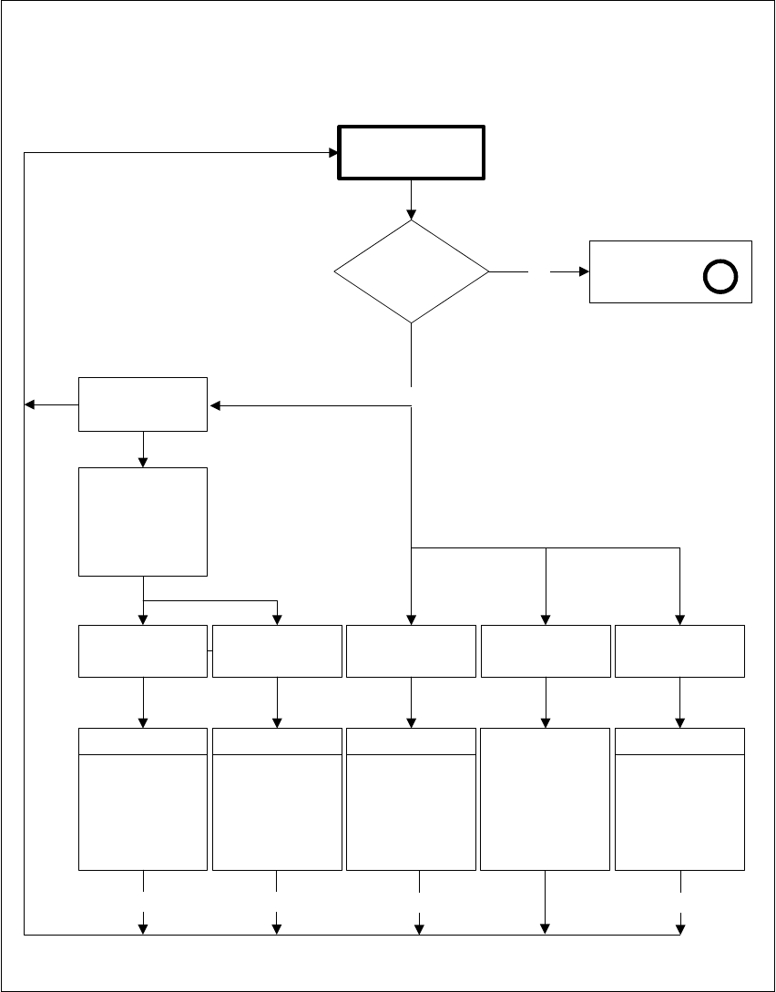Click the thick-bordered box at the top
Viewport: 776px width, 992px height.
pyautogui.click(x=411, y=153)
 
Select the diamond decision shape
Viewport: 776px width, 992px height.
pyautogui.click(x=411, y=271)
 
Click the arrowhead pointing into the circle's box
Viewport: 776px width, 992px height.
pyautogui.click(x=584, y=271)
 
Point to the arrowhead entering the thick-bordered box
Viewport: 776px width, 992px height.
pyautogui.click(x=333, y=153)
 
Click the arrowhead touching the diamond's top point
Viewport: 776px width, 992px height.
pyautogui.click(x=411, y=215)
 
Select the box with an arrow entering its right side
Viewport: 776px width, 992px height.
pyautogui.click(x=143, y=404)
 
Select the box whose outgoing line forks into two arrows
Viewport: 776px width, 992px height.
pyautogui.click(x=143, y=521)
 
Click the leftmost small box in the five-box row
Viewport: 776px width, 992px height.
pyautogui.click(x=143, y=651)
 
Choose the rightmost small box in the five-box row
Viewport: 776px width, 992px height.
pyautogui.click(x=679, y=651)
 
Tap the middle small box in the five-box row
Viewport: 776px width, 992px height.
pyautogui.click(x=411, y=651)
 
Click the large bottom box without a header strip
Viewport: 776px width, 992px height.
pyautogui.click(x=546, y=799)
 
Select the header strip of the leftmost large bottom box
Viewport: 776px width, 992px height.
pyautogui.click(x=143, y=741)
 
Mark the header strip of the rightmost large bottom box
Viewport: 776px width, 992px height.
pyautogui.click(x=679, y=741)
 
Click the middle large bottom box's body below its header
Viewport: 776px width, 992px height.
pyautogui.click(x=411, y=812)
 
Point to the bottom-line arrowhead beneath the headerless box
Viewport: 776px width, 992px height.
pyautogui.click(x=546, y=928)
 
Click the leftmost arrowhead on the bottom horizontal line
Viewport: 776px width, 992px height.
pyautogui.click(x=143, y=928)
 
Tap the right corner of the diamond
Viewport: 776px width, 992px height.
pyautogui.click(x=488, y=271)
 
